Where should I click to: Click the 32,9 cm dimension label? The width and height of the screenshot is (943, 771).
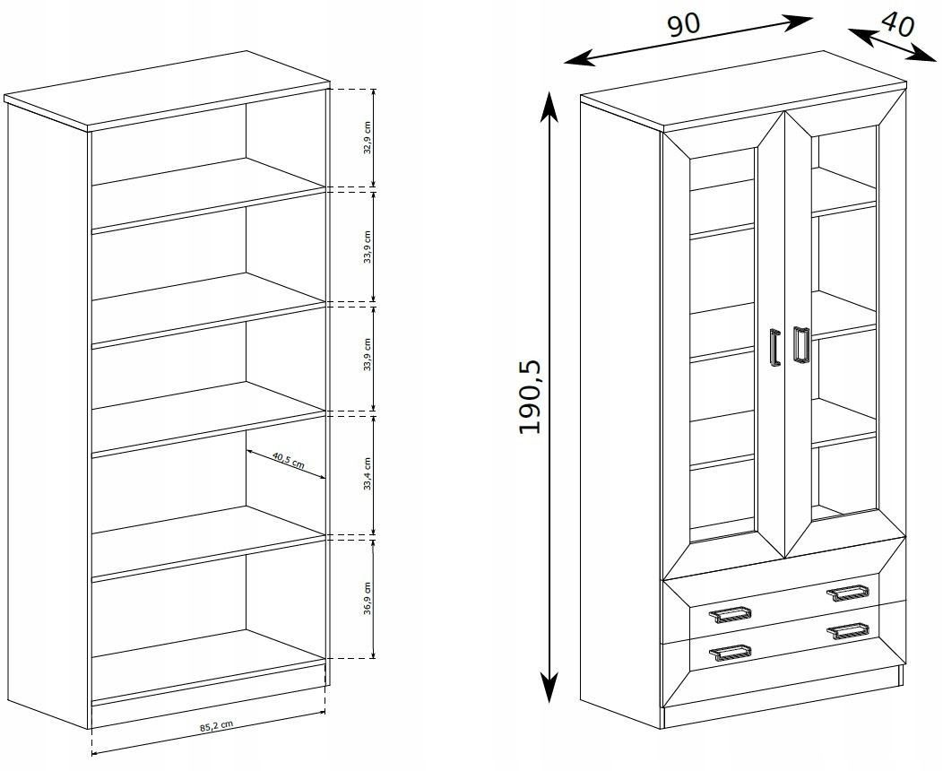pyautogui.click(x=368, y=138)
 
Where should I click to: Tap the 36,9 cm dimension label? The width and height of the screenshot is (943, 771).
pyautogui.click(x=368, y=598)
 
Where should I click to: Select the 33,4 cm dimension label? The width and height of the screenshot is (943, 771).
pyautogui.click(x=368, y=474)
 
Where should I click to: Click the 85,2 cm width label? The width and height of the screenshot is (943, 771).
pyautogui.click(x=217, y=726)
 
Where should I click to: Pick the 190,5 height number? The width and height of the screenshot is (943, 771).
pyautogui.click(x=531, y=397)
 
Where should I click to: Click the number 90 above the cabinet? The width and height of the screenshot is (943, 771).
pyautogui.click(x=684, y=25)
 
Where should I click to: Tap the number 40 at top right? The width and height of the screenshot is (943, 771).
pyautogui.click(x=898, y=25)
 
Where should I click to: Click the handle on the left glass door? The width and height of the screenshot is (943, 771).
pyautogui.click(x=774, y=346)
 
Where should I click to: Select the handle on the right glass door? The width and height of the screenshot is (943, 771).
pyautogui.click(x=800, y=344)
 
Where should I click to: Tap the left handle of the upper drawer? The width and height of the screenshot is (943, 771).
pyautogui.click(x=730, y=615)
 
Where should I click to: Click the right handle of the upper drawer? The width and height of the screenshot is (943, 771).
pyautogui.click(x=848, y=593)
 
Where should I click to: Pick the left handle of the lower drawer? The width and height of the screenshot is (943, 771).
pyautogui.click(x=730, y=654)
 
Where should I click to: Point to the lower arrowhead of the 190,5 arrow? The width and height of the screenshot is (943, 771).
pyautogui.click(x=549, y=687)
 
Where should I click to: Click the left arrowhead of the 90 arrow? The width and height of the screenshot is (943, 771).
pyautogui.click(x=579, y=58)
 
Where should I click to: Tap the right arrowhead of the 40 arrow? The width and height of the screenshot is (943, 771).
pyautogui.click(x=922, y=54)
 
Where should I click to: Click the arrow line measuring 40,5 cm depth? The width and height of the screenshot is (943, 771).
pyautogui.click(x=286, y=464)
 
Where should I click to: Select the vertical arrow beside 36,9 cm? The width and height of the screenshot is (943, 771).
pyautogui.click(x=374, y=599)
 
